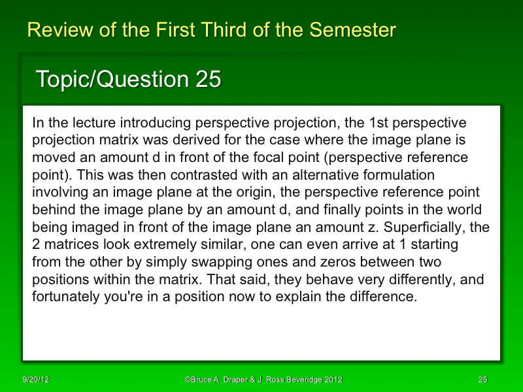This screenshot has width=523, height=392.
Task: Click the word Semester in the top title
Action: [x=352, y=30]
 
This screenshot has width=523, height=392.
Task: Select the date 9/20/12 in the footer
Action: [x=35, y=380]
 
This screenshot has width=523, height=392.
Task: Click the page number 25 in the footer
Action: [x=482, y=380]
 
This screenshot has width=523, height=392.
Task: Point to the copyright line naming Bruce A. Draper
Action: [x=263, y=380]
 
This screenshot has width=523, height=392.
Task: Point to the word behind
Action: [x=52, y=211]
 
